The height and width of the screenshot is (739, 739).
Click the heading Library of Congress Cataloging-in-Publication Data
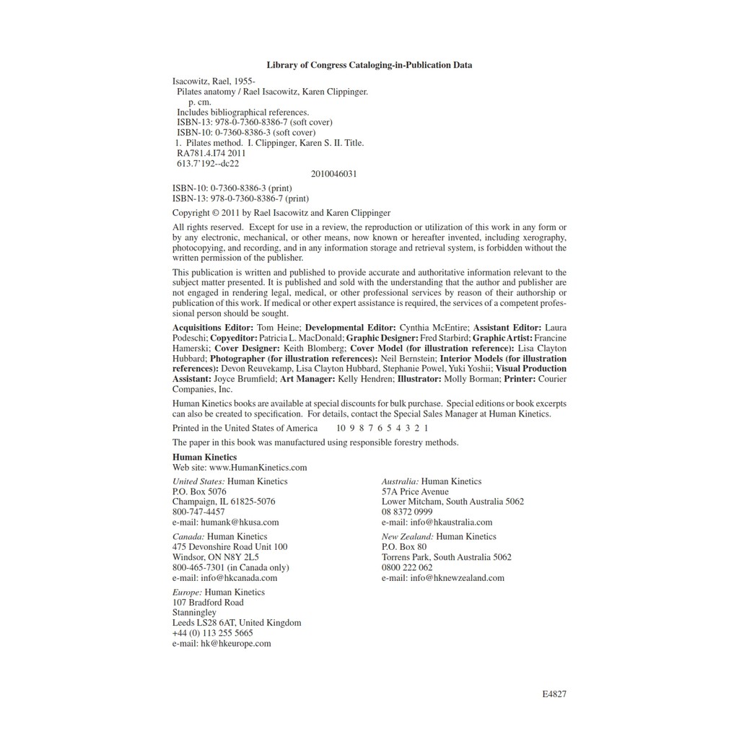tap(369, 65)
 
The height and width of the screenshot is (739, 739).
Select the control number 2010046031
tap(334, 174)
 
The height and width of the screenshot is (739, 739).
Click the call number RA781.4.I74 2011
tap(211, 153)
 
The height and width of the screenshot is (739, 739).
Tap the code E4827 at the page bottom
tap(554, 694)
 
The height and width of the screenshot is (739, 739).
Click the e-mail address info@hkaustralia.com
tap(451, 522)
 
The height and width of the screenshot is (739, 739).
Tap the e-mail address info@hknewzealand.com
tap(458, 578)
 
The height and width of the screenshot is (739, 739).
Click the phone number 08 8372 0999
tap(407, 512)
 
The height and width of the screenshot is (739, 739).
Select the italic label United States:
tap(198, 481)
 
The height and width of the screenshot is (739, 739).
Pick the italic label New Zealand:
tap(408, 537)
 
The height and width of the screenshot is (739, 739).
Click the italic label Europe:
tap(188, 592)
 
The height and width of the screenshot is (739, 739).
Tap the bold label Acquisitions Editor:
tap(213, 328)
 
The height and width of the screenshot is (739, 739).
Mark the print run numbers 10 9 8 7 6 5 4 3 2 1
tap(382, 428)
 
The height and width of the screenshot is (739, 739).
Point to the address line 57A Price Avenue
tap(415, 491)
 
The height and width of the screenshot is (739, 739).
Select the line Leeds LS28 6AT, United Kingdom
tap(237, 623)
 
